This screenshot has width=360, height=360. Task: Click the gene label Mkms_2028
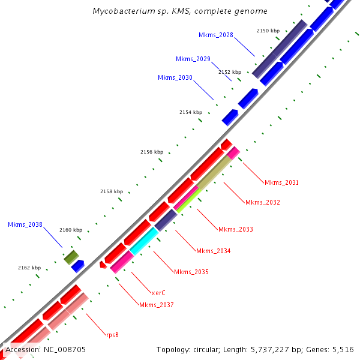click(x=216, y=35)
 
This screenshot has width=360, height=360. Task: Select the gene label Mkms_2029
click(x=193, y=59)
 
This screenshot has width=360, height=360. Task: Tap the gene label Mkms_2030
click(x=175, y=78)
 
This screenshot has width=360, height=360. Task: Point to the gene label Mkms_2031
click(x=281, y=182)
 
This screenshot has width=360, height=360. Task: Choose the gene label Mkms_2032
click(x=262, y=202)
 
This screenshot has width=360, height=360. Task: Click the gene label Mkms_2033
click(x=235, y=229)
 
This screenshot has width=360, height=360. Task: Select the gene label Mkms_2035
click(x=191, y=272)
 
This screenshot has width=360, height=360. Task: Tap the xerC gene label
click(x=158, y=293)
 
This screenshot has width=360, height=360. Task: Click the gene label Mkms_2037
click(x=156, y=305)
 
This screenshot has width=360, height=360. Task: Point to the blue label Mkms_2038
click(x=25, y=225)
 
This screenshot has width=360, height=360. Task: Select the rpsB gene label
click(x=112, y=334)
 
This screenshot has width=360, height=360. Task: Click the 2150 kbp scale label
click(x=268, y=30)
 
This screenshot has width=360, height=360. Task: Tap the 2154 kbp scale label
click(x=191, y=112)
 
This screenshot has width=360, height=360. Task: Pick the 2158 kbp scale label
click(x=111, y=191)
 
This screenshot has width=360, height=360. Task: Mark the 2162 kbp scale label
click(x=29, y=268)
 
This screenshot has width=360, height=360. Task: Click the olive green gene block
click(x=72, y=257)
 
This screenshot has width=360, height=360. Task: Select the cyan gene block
click(x=143, y=240)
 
